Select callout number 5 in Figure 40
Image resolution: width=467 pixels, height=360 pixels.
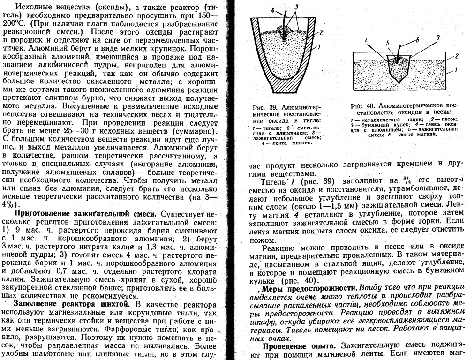(x=388, y=43)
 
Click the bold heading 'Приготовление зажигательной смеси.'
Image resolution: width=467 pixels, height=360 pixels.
(x=84, y=214)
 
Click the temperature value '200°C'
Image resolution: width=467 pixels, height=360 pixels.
(x=15, y=22)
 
